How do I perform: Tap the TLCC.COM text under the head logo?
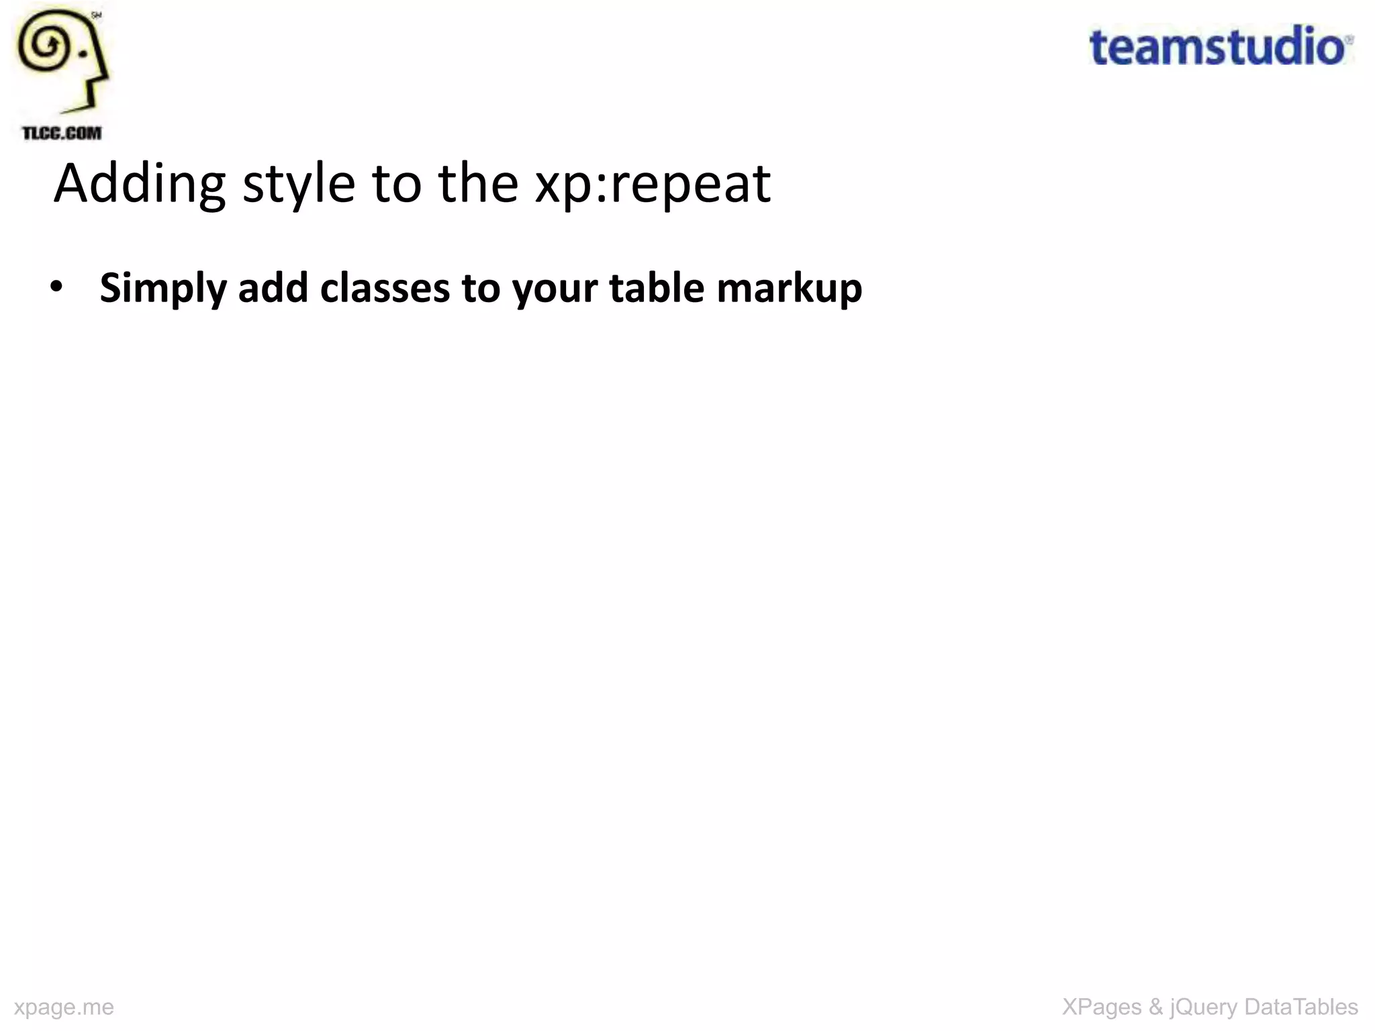(62, 133)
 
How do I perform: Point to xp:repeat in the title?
(652, 184)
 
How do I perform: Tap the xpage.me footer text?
(64, 1007)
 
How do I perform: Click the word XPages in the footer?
(1101, 1007)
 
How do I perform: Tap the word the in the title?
(478, 184)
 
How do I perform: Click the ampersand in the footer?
(1155, 1007)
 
